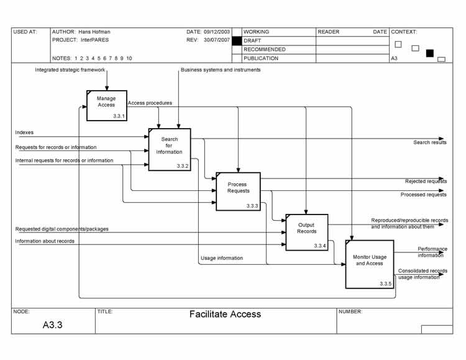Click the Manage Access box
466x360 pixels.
(x=107, y=105)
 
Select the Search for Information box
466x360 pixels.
(x=169, y=149)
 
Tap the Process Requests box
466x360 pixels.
(x=238, y=191)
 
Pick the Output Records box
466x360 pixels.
(x=306, y=231)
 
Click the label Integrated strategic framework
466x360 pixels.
(x=70, y=70)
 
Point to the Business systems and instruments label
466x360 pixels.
(x=221, y=70)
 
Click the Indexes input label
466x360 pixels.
(x=25, y=132)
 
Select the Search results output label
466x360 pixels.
(x=430, y=142)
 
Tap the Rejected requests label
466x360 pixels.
(x=426, y=182)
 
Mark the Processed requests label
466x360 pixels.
(x=424, y=195)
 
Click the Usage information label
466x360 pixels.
(x=222, y=258)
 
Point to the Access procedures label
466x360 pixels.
(x=150, y=103)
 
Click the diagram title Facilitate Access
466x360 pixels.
(x=225, y=315)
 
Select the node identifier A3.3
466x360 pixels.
(x=52, y=325)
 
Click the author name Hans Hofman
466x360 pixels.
(x=94, y=31)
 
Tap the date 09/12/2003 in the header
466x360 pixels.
(x=217, y=31)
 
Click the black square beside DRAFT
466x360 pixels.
(x=236, y=40)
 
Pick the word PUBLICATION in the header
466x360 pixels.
(x=261, y=58)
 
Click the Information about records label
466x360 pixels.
(x=45, y=241)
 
